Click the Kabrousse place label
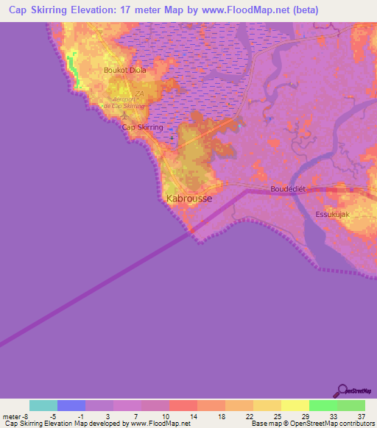188,199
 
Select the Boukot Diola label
125,71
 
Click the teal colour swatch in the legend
43,405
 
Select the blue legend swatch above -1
71,405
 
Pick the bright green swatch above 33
323,405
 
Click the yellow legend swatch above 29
295,405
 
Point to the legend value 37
360,417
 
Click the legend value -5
52,417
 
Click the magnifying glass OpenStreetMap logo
342,390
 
